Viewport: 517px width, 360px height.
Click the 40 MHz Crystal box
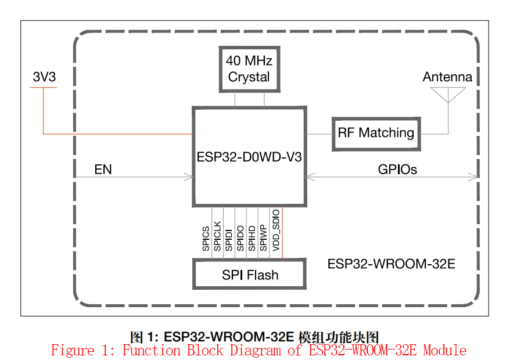pyautogui.click(x=250, y=69)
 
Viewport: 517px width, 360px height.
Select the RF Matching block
pyautogui.click(x=376, y=134)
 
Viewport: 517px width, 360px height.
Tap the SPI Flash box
pyautogui.click(x=250, y=274)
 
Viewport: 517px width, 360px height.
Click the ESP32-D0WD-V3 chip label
pyautogui.click(x=249, y=157)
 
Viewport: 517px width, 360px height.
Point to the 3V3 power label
pyautogui.click(x=45, y=77)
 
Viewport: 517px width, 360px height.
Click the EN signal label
pyautogui.click(x=103, y=170)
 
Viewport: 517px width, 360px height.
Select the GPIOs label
pyautogui.click(x=397, y=170)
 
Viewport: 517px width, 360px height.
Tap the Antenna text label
pyautogui.click(x=447, y=77)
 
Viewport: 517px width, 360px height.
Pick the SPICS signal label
pyautogui.click(x=206, y=239)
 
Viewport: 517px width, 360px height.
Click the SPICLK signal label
pyautogui.click(x=217, y=236)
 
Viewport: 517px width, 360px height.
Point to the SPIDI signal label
pyautogui.click(x=229, y=240)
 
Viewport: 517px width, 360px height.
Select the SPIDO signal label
pyautogui.click(x=240, y=238)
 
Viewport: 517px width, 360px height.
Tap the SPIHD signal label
pyautogui.click(x=252, y=238)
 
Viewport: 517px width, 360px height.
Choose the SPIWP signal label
pyautogui.click(x=263, y=238)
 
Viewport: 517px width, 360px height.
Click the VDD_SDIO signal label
pyautogui.click(x=276, y=230)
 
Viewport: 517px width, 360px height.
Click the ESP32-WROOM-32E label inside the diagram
pyautogui.click(x=392, y=264)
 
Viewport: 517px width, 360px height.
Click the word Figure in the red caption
pyautogui.click(x=73, y=350)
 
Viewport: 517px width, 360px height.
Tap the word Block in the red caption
pyautogui.click(x=205, y=350)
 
